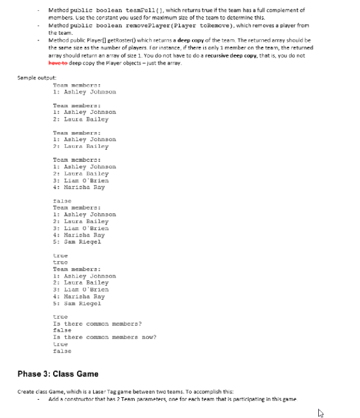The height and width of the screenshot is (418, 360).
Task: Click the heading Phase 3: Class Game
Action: coord(58,374)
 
